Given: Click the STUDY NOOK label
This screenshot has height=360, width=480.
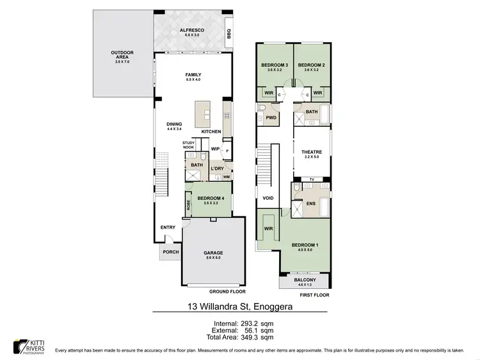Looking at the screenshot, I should pyautogui.click(x=188, y=145).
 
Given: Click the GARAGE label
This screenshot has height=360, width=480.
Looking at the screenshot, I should pyautogui.click(x=213, y=254).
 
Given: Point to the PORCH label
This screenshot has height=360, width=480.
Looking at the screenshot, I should pyautogui.click(x=171, y=252).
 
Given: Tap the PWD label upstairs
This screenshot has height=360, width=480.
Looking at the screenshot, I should pyautogui.click(x=271, y=119).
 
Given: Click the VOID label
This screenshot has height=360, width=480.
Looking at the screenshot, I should pyautogui.click(x=268, y=199).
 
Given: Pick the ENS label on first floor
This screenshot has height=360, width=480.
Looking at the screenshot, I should pyautogui.click(x=312, y=204).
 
